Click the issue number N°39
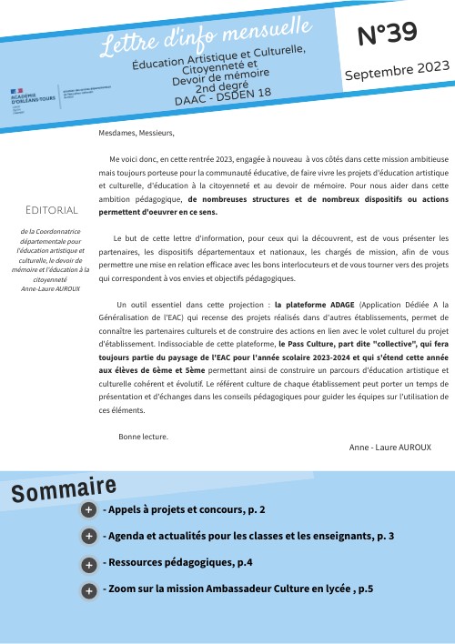pos(388,34)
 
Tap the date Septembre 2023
pos(396,72)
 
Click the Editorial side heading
pos(52,210)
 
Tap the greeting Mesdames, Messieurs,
pos(136,133)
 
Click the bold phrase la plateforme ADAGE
pos(315,305)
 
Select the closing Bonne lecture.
pos(143,437)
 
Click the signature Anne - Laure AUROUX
pos(390,448)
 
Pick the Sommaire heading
pos(64,490)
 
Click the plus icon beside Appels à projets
pos(88,510)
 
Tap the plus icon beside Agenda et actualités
pos(88,537)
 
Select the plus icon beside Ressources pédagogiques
pos(88,564)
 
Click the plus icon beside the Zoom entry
pos(88,591)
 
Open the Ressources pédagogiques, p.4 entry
pos(177,563)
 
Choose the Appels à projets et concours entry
pos(184,510)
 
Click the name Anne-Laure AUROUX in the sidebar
pos(52,288)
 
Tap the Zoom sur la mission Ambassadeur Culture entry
pos(238,589)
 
